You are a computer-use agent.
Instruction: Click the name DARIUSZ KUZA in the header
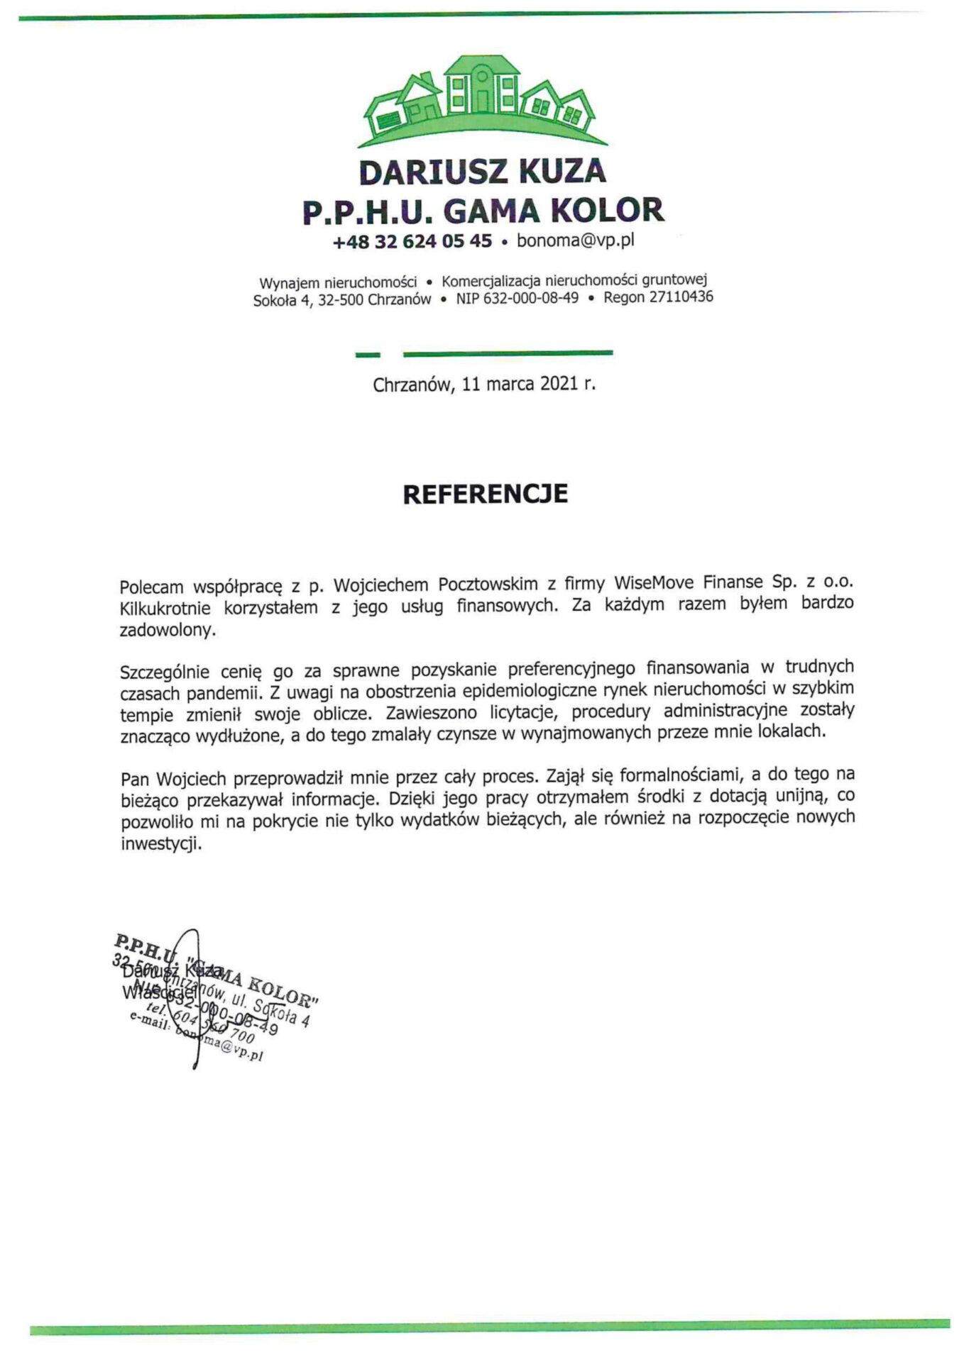click(482, 172)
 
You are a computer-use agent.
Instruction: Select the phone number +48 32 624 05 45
click(412, 242)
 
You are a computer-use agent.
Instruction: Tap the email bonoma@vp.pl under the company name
click(575, 240)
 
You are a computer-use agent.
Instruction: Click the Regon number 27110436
click(681, 297)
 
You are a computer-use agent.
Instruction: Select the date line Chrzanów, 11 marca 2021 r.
click(484, 384)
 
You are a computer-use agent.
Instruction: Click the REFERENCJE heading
click(485, 494)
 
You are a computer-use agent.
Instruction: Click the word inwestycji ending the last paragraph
click(160, 845)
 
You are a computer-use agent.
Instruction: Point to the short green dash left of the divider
click(368, 353)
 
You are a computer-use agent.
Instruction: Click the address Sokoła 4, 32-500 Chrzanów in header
click(341, 300)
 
